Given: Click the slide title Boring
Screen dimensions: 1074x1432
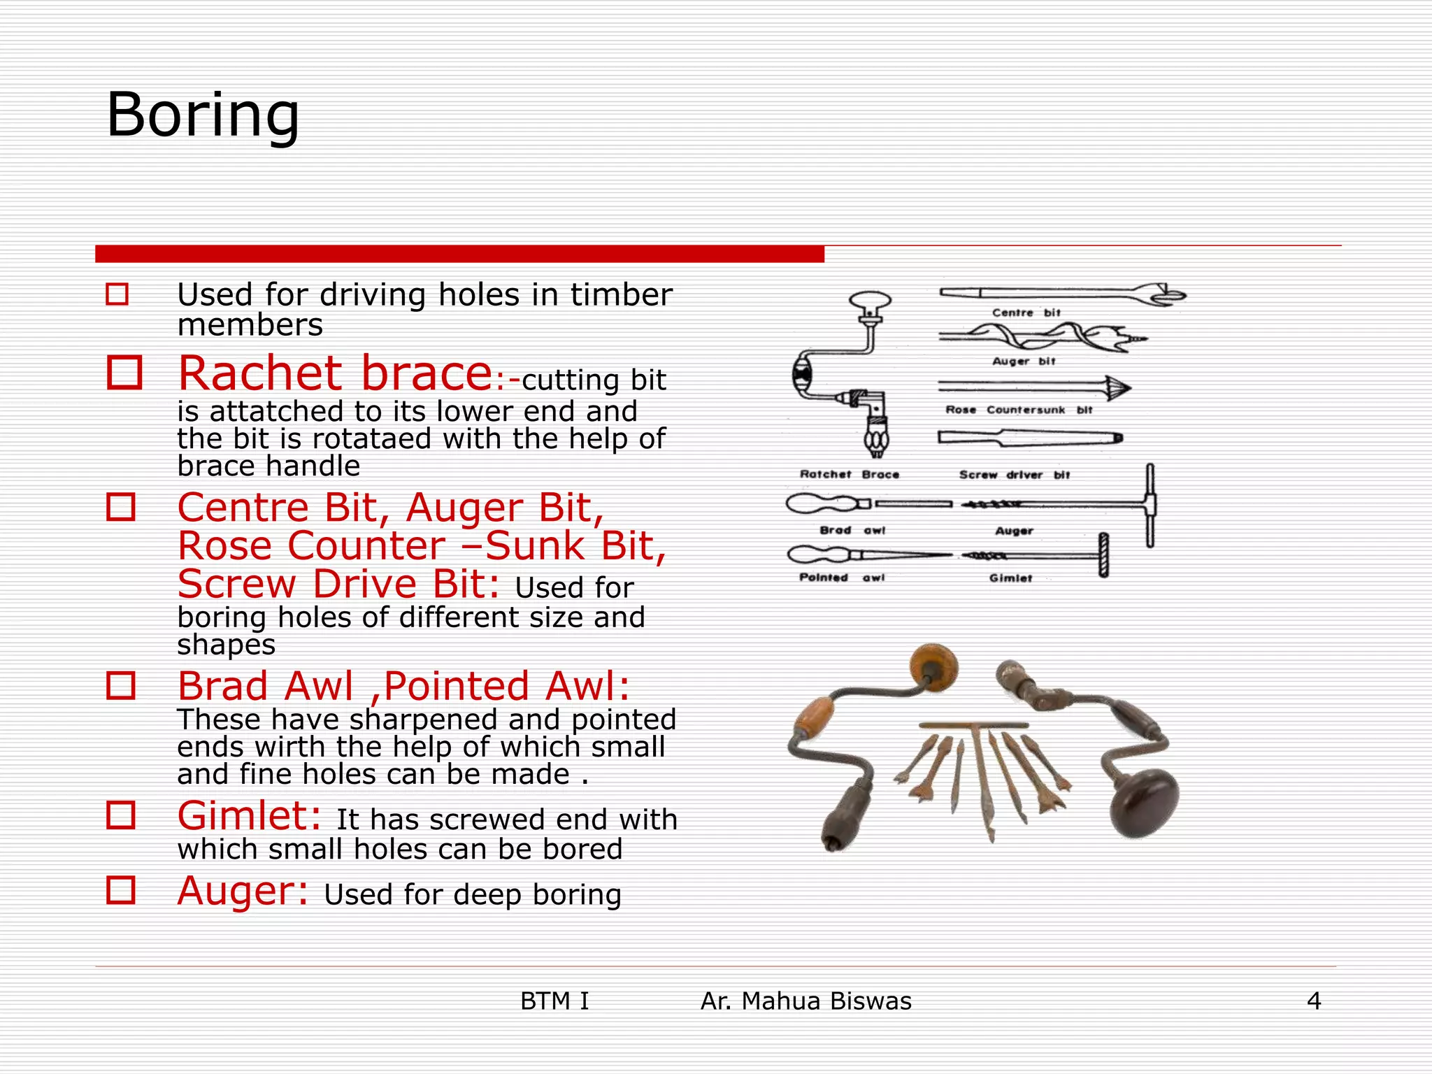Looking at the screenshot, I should point(203,115).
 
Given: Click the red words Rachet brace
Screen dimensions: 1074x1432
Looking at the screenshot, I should point(336,373).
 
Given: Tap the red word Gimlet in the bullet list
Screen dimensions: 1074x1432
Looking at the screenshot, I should point(249,816).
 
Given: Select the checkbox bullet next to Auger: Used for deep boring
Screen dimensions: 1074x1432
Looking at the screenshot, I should point(121,890).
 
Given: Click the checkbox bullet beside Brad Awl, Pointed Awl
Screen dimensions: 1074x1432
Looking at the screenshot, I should point(121,686).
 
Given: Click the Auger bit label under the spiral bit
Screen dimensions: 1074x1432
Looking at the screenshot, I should point(1024,361).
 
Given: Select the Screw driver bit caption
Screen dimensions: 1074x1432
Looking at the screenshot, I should point(1015,475).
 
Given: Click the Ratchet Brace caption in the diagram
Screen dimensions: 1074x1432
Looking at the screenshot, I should point(850,474).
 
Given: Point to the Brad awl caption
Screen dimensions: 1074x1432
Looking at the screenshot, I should point(852,531).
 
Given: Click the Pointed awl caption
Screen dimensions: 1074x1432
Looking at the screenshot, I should point(842,578).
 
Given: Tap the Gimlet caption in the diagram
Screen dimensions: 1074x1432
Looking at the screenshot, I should point(1010,578).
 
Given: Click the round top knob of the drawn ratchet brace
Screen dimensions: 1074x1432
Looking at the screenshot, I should point(871,302).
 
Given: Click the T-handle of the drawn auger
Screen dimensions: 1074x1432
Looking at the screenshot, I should point(1150,505).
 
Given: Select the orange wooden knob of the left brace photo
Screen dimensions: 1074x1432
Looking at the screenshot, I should point(935,666).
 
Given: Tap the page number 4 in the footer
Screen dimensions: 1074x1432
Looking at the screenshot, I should point(1314,1001).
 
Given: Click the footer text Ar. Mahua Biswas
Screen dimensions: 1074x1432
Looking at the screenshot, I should point(805,1001).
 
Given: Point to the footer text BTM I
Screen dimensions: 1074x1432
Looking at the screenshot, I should point(554,1001).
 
